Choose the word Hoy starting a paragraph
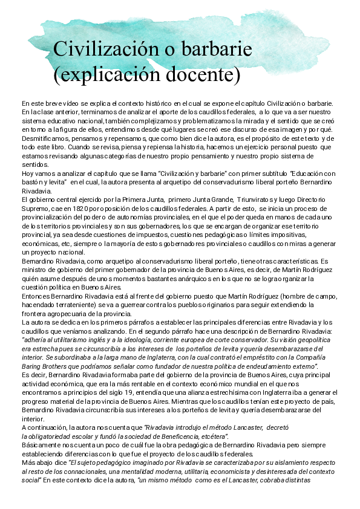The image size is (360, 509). (28, 172)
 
